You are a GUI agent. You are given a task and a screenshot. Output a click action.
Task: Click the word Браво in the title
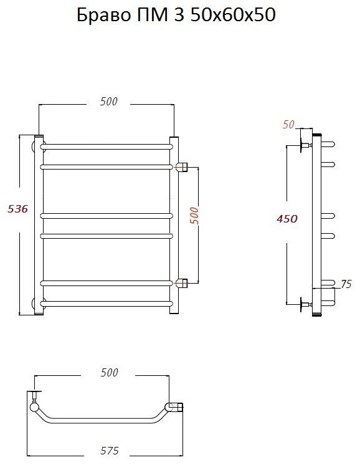103,15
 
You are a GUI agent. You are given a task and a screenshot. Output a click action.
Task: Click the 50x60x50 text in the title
233,15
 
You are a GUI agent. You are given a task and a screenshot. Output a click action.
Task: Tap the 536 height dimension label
17,209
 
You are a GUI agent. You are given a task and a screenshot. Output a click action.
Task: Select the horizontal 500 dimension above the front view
109,102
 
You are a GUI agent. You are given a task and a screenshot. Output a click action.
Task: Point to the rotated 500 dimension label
194,216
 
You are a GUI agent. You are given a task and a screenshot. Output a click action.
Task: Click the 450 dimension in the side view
287,219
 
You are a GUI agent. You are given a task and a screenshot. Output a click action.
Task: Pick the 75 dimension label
346,284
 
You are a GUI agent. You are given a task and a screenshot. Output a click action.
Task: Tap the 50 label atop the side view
288,125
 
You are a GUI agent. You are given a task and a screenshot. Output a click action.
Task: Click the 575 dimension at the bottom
110,451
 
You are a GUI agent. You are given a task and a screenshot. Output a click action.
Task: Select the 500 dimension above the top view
109,373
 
